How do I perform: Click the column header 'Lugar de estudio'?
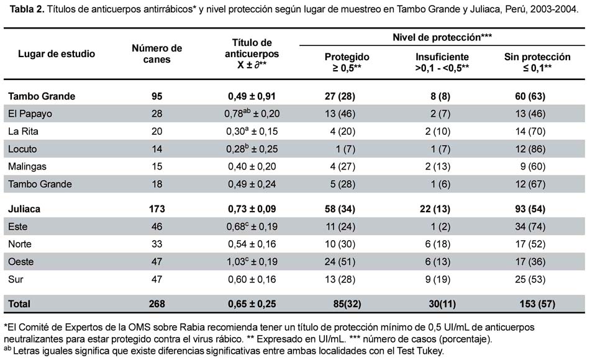click(57, 54)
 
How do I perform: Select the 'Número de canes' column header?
click(157, 54)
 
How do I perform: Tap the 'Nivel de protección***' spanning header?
click(442, 37)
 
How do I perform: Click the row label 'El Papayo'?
click(30, 114)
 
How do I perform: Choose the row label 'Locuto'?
click(22, 149)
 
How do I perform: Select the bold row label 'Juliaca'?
click(24, 209)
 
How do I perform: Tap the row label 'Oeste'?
click(20, 261)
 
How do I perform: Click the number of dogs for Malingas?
click(157, 166)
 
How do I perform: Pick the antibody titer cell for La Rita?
click(252, 132)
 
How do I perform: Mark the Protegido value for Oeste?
click(340, 261)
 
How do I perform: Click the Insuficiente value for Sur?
click(438, 279)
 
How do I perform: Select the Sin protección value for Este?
click(530, 227)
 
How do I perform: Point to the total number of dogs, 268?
click(157, 304)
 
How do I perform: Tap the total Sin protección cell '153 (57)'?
click(537, 304)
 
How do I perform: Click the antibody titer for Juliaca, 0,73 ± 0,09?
click(252, 209)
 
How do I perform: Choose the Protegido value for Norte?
click(340, 244)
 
